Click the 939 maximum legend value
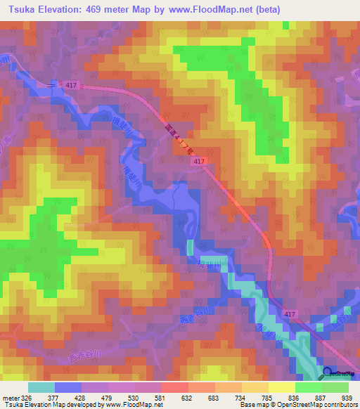click(347, 397)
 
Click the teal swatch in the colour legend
click(41, 387)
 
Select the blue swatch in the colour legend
click(68, 387)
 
